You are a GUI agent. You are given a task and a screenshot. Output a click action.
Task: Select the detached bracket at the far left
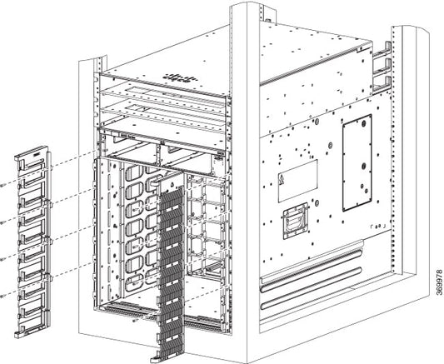(33, 234)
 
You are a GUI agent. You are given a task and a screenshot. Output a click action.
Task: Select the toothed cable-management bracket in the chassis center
(170, 258)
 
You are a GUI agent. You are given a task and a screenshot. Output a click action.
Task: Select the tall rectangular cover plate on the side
(357, 162)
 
